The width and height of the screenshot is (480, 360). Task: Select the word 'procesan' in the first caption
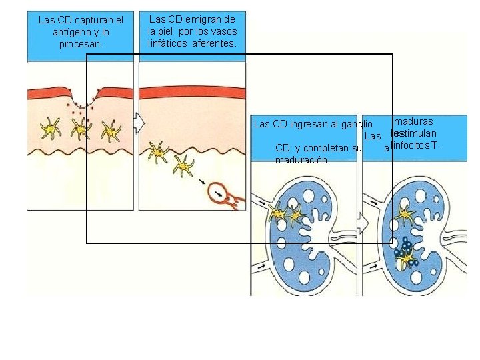[81, 43]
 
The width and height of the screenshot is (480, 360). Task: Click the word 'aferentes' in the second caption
[215, 43]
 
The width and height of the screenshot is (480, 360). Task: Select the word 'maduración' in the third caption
[301, 160]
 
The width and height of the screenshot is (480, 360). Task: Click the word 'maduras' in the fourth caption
[413, 121]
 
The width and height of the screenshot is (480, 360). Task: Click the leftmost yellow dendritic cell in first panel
[49, 127]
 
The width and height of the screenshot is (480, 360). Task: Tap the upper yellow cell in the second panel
[158, 151]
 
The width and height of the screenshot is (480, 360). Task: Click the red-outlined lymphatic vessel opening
[219, 194]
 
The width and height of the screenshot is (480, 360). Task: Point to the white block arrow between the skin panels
[139, 122]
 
